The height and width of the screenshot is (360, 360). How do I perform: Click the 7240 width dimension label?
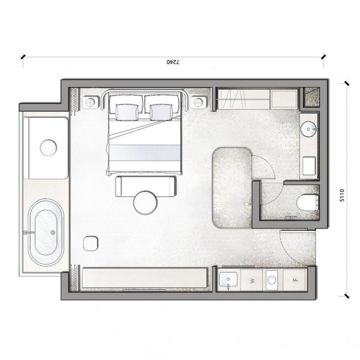[173, 62]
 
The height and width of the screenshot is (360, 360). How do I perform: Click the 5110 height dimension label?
[342, 195]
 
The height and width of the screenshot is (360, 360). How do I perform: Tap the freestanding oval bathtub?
[46, 232]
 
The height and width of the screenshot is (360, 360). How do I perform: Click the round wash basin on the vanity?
[308, 129]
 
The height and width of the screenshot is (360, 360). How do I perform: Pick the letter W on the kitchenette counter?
[252, 281]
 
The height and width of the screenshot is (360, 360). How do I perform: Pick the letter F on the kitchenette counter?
[296, 280]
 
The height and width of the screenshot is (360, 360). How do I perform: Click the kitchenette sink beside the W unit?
[228, 280]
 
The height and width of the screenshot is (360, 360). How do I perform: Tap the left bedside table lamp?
[90, 103]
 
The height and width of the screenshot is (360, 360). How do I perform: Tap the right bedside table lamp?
[199, 103]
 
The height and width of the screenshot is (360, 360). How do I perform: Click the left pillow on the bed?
[127, 112]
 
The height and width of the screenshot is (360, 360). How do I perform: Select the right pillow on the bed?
[161, 112]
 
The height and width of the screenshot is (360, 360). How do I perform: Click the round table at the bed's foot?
[145, 203]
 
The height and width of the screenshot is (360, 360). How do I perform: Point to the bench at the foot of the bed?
[146, 186]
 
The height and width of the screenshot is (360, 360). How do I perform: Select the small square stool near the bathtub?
[91, 244]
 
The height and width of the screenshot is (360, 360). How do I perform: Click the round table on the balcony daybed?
[48, 148]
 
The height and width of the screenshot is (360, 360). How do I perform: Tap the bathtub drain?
[53, 233]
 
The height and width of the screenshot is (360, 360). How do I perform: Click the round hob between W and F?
[272, 280]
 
